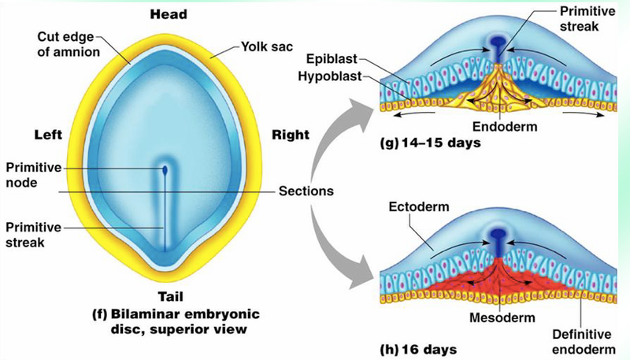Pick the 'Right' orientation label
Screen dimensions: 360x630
coord(290,135)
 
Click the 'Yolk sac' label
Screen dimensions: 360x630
coord(256,48)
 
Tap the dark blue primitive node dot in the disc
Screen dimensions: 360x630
coord(165,169)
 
